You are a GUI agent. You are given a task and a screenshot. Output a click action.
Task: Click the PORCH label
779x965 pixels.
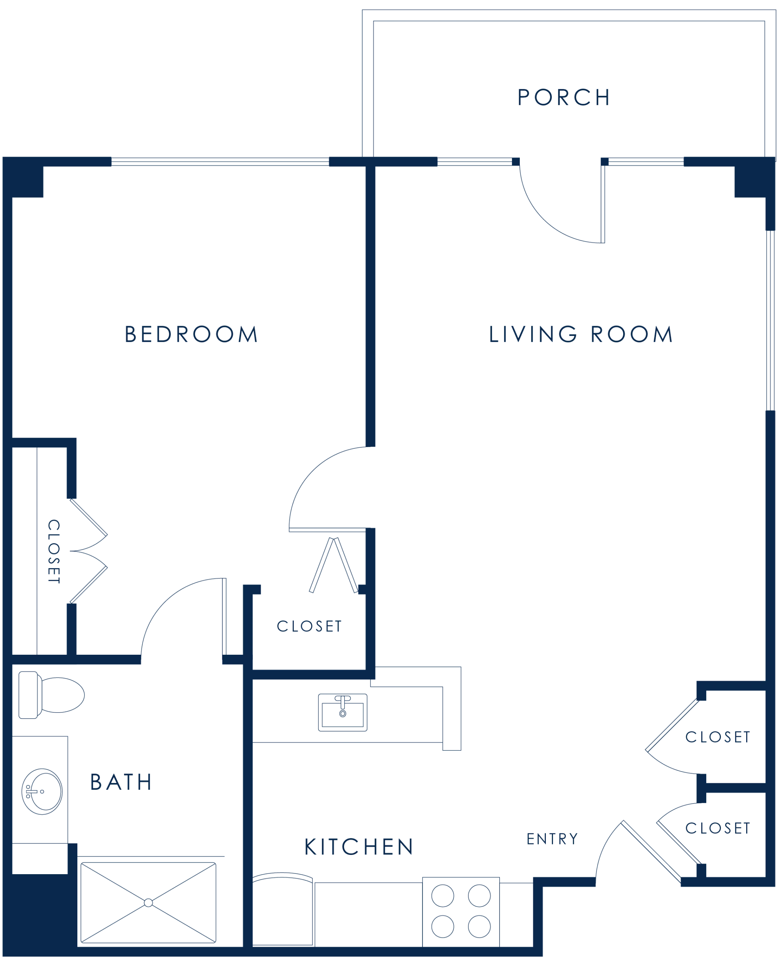(x=564, y=97)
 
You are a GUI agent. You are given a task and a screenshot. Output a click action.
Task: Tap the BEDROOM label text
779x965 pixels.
(x=191, y=334)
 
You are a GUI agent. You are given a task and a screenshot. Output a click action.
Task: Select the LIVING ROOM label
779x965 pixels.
(x=581, y=334)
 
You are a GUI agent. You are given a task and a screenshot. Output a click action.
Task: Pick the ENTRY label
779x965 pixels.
(x=552, y=839)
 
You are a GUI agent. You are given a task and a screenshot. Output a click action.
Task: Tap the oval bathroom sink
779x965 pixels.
(x=42, y=792)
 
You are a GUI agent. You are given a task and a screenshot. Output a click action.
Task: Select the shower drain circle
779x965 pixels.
(x=149, y=903)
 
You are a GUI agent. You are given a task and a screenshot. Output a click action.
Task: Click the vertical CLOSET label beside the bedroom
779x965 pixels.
(x=54, y=551)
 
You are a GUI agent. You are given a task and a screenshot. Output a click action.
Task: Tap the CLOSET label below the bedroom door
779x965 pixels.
(x=309, y=626)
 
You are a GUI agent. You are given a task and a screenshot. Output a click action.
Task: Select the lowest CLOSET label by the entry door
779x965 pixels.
(x=718, y=828)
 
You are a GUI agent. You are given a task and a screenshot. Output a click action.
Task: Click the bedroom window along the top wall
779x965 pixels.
(x=220, y=162)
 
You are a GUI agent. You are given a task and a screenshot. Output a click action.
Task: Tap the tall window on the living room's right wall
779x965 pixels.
(x=770, y=321)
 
